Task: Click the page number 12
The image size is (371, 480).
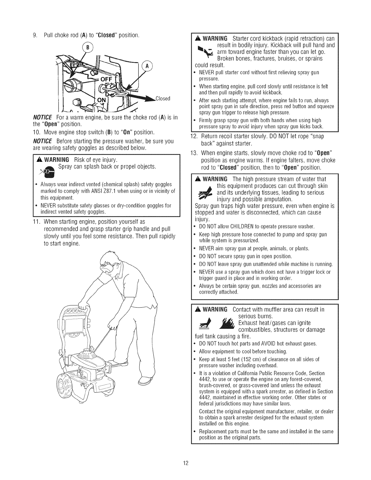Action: point(185,454)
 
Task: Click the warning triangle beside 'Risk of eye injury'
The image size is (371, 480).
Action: point(39,160)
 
